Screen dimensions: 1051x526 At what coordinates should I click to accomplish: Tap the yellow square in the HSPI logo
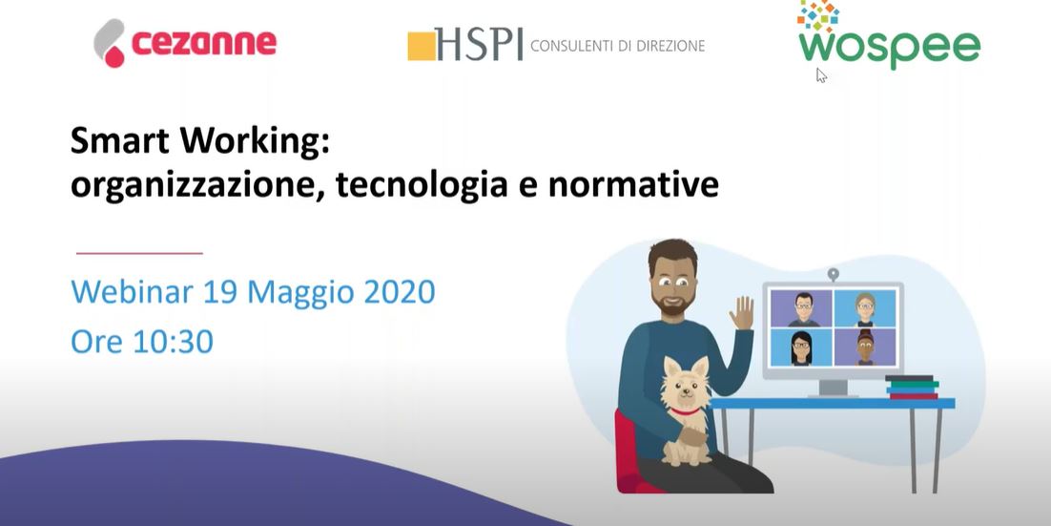421,46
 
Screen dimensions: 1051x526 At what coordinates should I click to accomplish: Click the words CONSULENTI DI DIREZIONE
617,46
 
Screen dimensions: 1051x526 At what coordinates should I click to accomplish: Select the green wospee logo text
889,46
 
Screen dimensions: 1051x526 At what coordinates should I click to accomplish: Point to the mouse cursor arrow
821,75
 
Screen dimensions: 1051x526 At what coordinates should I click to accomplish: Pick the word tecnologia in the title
422,186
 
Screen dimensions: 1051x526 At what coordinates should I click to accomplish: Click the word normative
632,185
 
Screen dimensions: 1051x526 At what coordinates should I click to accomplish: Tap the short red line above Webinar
139,254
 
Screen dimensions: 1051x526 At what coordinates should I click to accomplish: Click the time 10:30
173,342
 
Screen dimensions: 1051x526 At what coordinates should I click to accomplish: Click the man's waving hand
742,313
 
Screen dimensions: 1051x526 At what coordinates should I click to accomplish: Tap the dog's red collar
685,410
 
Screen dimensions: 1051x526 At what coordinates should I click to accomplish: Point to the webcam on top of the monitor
834,274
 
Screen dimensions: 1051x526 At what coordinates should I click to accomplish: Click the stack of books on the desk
912,388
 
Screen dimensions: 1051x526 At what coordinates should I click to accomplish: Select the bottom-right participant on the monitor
865,347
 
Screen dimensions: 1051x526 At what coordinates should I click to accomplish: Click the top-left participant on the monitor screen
802,308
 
